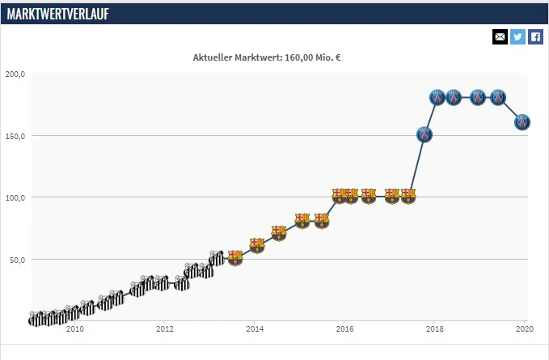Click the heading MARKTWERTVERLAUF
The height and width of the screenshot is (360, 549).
pos(58,13)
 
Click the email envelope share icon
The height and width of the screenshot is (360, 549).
pos(500,36)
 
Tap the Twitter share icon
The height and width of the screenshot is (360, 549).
pos(517,36)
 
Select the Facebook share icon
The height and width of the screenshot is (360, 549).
pos(535,36)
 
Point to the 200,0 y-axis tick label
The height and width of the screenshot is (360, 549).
pos(15,74)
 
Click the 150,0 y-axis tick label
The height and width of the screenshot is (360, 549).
pos(15,136)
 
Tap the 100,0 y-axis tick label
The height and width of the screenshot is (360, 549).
pos(15,197)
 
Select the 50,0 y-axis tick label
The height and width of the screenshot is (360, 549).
pos(17,260)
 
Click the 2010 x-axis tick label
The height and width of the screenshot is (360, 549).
pos(74,329)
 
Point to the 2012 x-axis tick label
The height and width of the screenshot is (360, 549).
pos(165,329)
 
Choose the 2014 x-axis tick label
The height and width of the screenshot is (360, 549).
pos(255,329)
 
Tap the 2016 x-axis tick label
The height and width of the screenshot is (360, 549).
pos(344,329)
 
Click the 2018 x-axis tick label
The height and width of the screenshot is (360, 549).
pos(435,329)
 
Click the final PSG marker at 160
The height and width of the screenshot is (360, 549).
pos(522,122)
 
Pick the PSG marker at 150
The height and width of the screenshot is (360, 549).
pos(424,134)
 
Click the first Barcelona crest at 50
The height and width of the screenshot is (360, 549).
pos(235,258)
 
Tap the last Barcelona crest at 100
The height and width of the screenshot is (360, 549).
pos(408,196)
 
